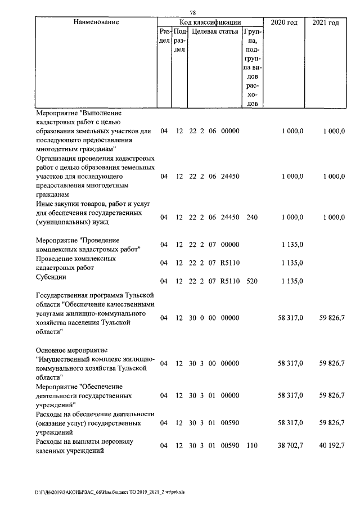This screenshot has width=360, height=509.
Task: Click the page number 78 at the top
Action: [x=192, y=13]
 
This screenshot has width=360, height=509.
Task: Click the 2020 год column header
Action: [x=284, y=22]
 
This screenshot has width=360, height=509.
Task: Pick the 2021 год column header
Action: [x=325, y=22]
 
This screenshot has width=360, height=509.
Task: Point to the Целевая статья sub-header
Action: [x=214, y=33]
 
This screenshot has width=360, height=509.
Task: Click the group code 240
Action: [x=251, y=217]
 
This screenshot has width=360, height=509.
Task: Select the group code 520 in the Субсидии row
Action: [x=251, y=281]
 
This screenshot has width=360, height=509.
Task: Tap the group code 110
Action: [x=251, y=445]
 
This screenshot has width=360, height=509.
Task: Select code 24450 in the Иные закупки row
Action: [x=231, y=217]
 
